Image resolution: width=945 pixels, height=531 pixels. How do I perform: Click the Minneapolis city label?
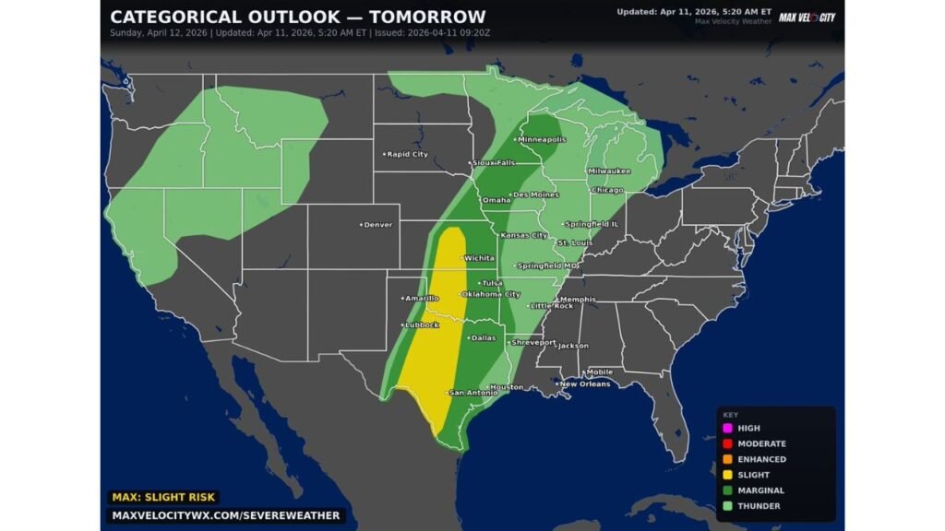543,139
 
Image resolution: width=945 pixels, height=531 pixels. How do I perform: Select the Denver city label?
377,224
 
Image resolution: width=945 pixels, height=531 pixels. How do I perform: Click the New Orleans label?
585,383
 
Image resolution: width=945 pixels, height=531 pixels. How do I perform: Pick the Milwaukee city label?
609,171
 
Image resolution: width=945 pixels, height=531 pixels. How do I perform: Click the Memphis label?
577,299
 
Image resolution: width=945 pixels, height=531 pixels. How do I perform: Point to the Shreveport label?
535,342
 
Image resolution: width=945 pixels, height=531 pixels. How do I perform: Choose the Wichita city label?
479,258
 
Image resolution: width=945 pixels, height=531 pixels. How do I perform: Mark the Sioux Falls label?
494,162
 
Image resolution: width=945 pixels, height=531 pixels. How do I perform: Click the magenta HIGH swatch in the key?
727,428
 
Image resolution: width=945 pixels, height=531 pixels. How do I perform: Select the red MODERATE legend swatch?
727,443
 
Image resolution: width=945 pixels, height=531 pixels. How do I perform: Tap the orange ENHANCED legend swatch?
727,459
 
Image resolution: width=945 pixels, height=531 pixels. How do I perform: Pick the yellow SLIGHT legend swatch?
727,475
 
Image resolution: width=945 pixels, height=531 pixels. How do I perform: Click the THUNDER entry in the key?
758,506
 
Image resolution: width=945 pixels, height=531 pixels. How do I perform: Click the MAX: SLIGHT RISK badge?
163,497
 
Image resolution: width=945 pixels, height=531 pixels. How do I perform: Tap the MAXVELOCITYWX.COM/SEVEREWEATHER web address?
225,515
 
